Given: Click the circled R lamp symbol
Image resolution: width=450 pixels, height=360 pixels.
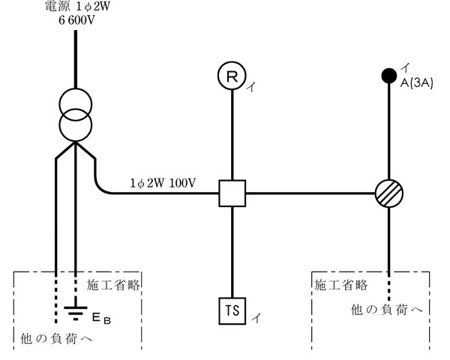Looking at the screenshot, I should coord(232,75).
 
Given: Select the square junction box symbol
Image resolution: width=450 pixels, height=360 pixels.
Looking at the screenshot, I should coord(232,193).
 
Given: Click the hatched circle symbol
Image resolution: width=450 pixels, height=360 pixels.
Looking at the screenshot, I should coord(389,193).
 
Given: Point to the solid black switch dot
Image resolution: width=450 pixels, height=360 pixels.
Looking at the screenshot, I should coord(389,75).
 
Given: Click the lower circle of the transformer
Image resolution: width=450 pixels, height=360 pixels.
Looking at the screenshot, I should coord(76,124).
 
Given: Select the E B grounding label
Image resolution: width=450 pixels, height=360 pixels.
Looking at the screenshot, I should coord(101,319).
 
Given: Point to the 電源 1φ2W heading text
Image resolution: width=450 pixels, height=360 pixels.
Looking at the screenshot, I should coord(76,7).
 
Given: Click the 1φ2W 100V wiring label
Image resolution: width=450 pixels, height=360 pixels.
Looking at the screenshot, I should coord(162,182).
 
